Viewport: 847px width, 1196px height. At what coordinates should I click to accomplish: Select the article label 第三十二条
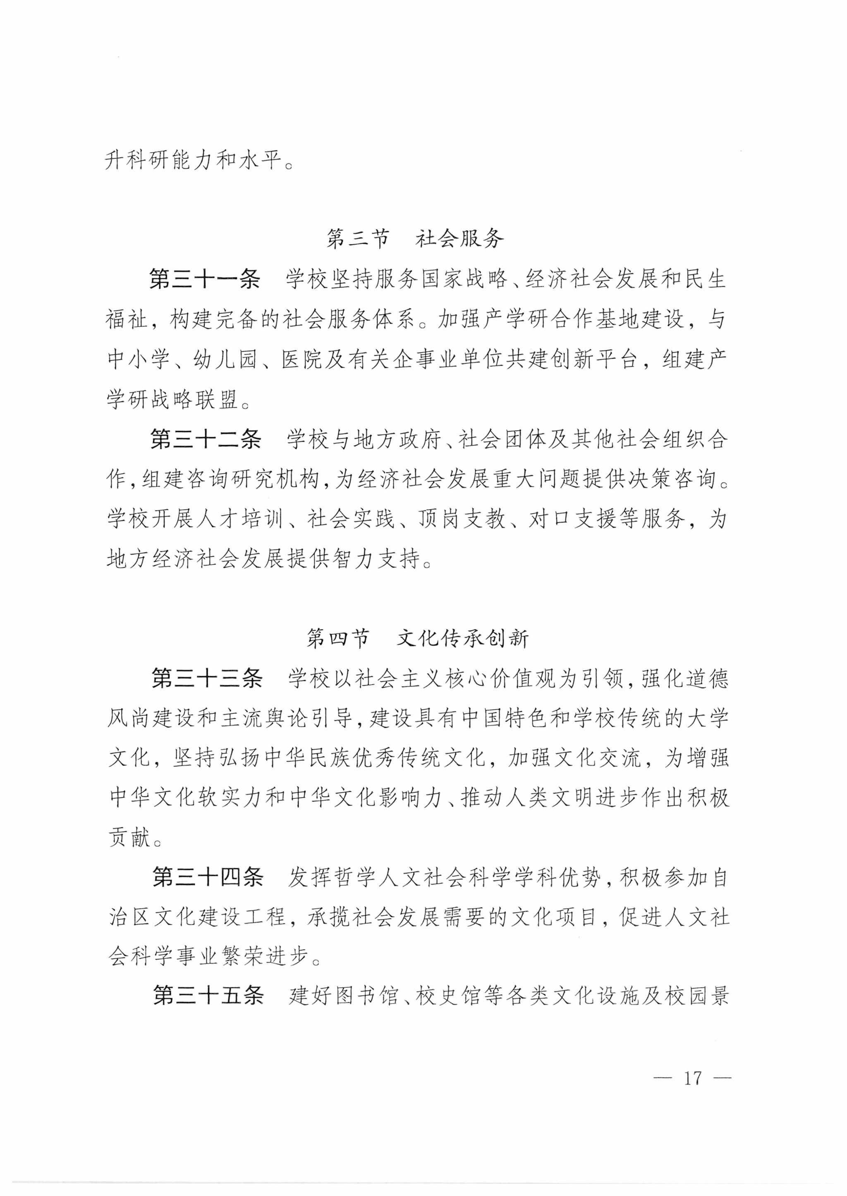(x=206, y=439)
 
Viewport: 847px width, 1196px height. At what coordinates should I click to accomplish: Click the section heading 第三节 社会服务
(x=415, y=239)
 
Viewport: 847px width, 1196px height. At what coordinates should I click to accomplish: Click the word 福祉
(x=127, y=319)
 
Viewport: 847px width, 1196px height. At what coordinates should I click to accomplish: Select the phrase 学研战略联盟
(x=172, y=399)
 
